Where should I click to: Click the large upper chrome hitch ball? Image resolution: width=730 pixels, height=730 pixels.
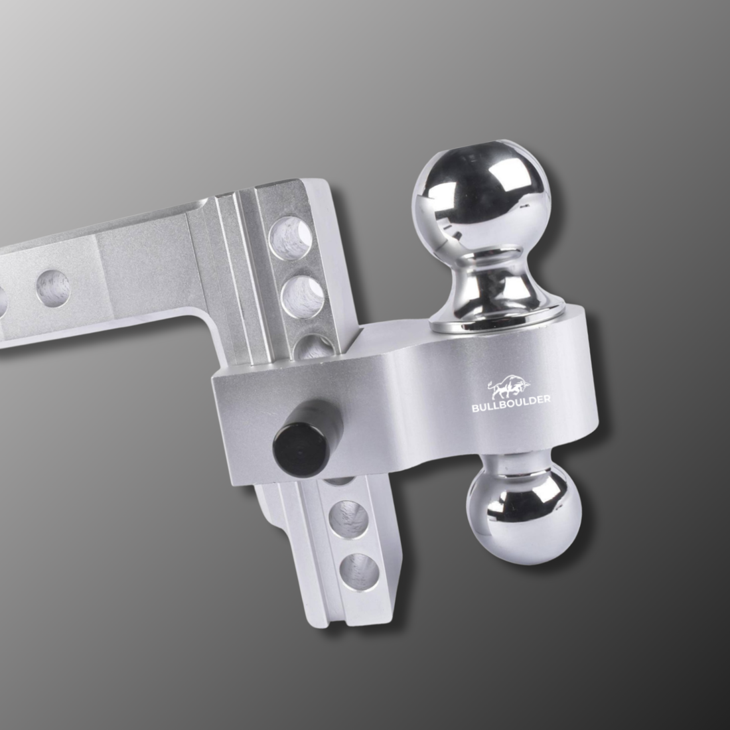[x=481, y=200]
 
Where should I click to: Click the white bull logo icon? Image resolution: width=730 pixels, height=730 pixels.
[x=509, y=386]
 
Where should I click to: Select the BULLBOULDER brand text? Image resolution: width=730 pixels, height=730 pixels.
[x=511, y=403]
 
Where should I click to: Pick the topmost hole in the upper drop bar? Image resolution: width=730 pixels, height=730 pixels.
[x=291, y=238]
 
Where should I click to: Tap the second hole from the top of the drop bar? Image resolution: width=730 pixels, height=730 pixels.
[x=302, y=296]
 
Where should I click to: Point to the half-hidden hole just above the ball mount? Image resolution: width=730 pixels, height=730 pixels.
[x=314, y=346]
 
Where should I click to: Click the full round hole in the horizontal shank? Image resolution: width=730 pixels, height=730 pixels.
[x=53, y=288]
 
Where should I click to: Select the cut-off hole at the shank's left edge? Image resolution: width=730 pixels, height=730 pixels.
[x=3, y=302]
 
